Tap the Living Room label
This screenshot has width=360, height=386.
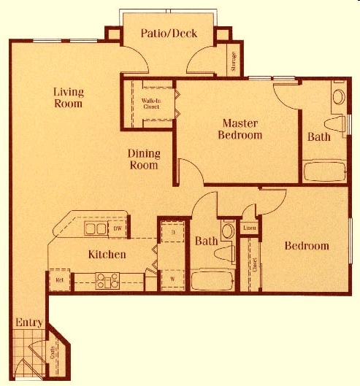(x=68, y=98)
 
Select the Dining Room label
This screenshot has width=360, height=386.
(x=143, y=159)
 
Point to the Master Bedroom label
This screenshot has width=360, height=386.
(x=242, y=128)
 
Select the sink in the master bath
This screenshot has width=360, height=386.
(x=339, y=96)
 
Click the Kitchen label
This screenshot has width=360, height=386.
(x=107, y=255)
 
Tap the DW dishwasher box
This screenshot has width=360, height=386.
(x=118, y=229)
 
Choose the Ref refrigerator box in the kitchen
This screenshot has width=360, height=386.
(x=59, y=279)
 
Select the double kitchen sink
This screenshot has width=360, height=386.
(x=95, y=229)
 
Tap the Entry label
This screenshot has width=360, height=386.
(x=29, y=323)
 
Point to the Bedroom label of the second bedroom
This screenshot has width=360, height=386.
(x=307, y=246)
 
